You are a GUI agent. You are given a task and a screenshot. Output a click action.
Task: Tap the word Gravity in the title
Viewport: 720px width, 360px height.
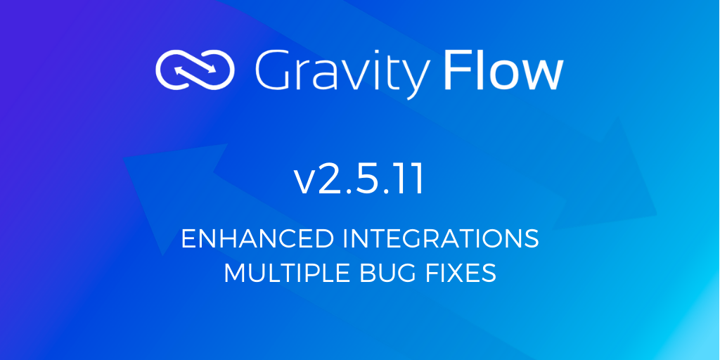[342, 73]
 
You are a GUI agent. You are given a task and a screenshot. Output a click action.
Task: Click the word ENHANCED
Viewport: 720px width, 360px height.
[257, 239]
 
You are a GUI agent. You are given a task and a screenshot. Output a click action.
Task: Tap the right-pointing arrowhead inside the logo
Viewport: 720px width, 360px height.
[212, 70]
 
